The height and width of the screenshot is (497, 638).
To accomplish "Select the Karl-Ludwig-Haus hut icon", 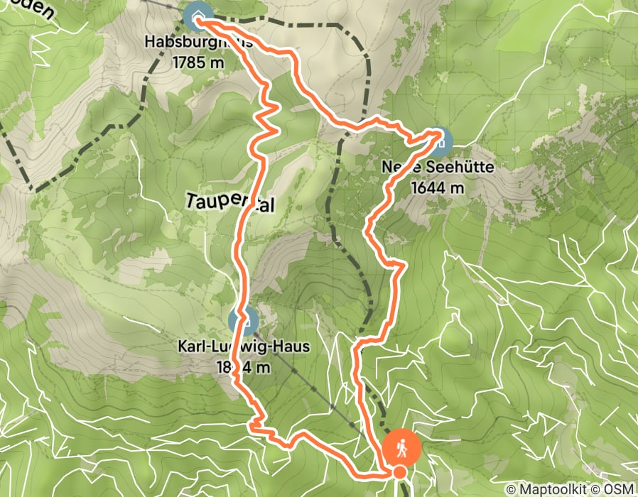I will (x=243, y=321).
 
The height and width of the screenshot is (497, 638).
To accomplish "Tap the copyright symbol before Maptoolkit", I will (x=512, y=489).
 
